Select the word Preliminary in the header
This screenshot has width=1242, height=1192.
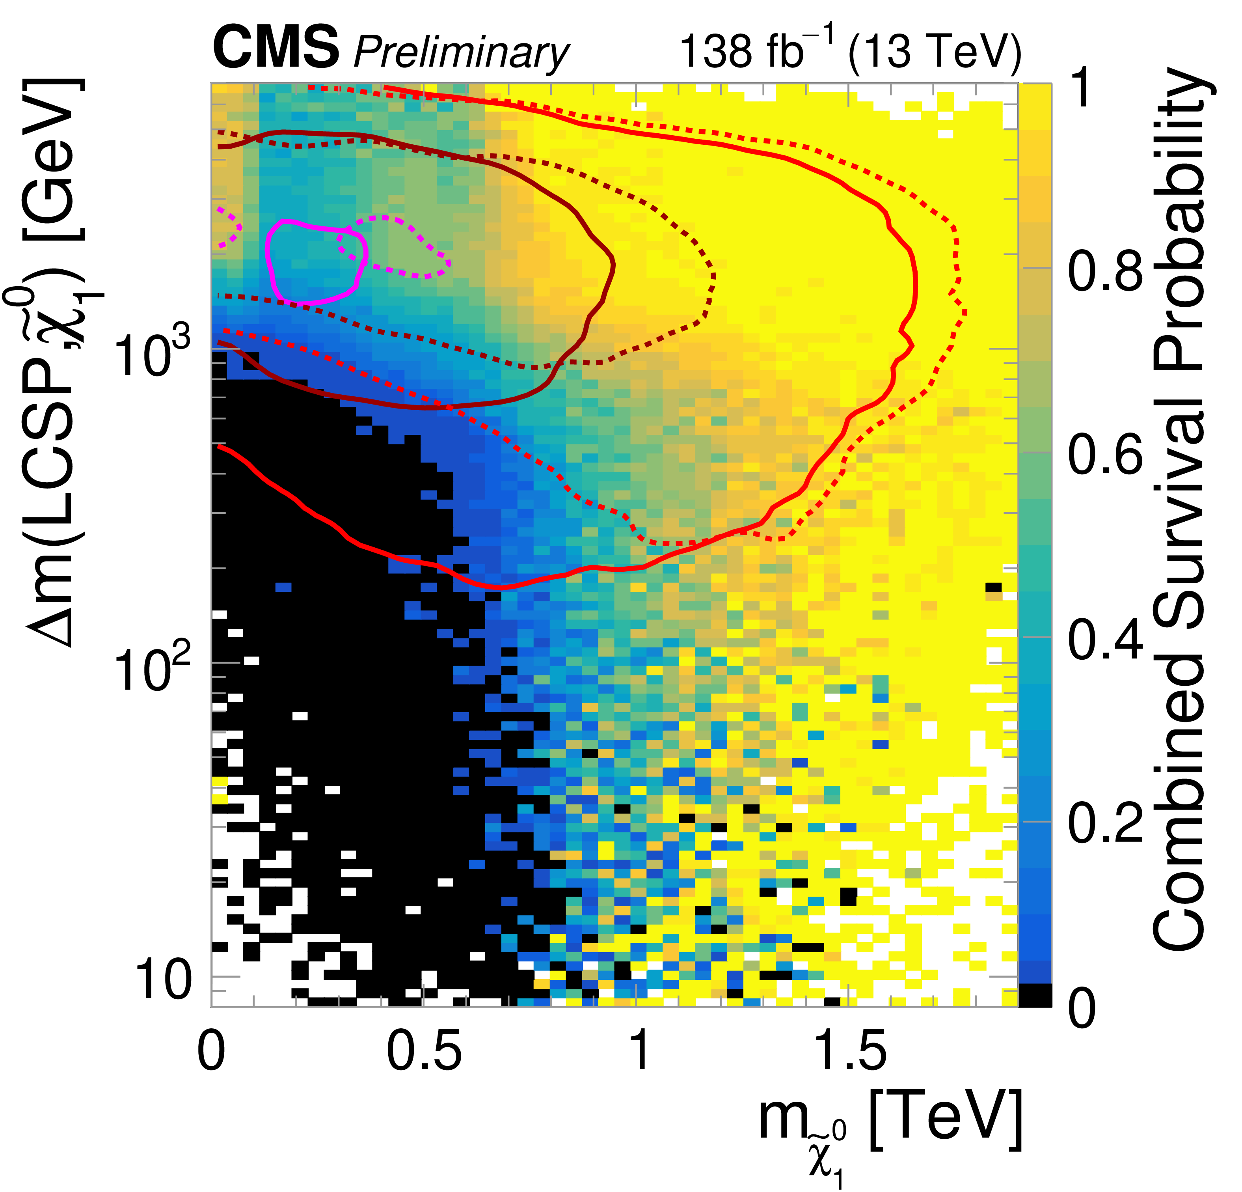pyautogui.click(x=461, y=52)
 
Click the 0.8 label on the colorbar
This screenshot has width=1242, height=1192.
pyautogui.click(x=1106, y=271)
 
